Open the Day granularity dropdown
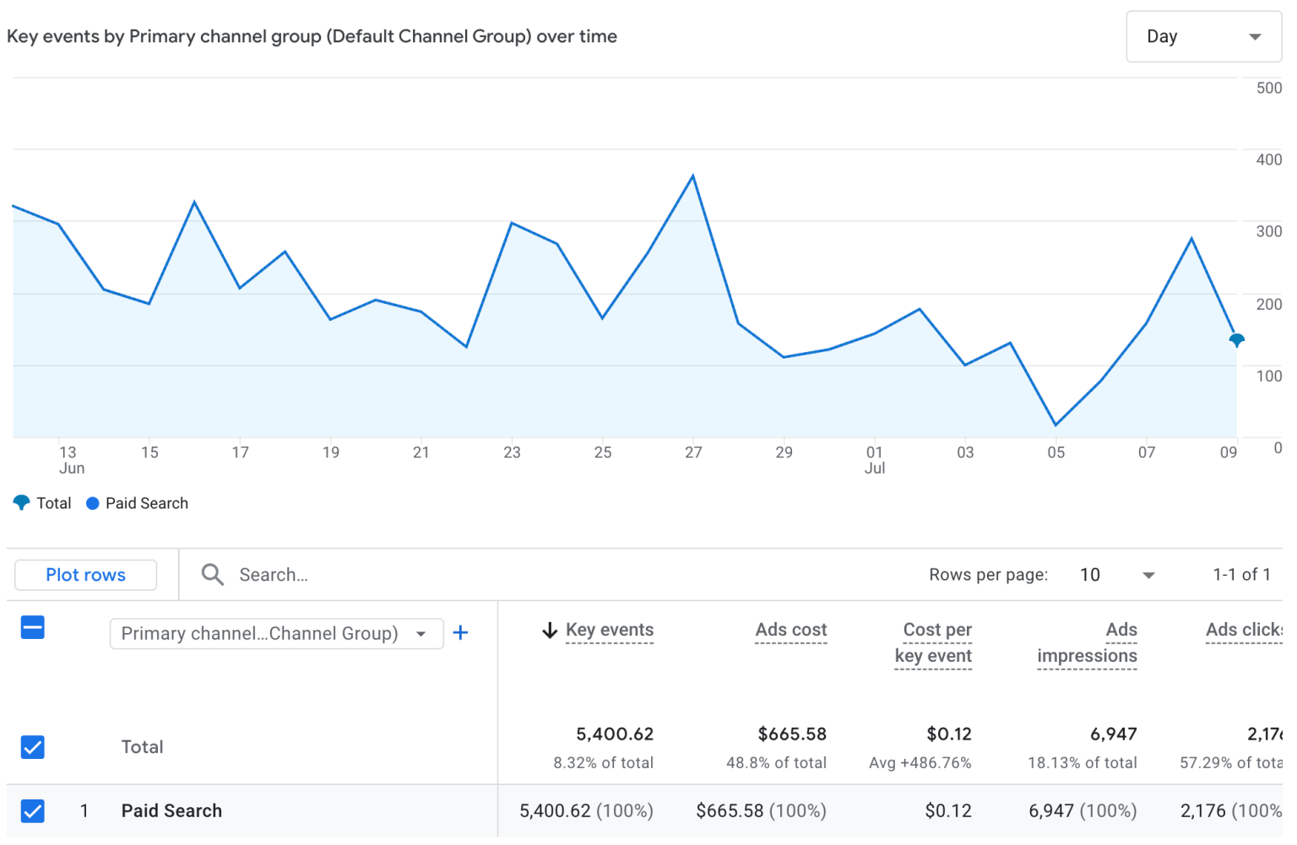click(x=1203, y=36)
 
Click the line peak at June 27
click(x=693, y=176)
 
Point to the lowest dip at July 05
click(x=1056, y=425)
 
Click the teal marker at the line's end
click(x=1236, y=340)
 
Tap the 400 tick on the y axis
click(x=1268, y=160)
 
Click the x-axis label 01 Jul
click(x=875, y=460)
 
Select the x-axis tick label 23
click(x=512, y=452)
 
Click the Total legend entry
click(x=43, y=503)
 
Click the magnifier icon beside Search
click(x=213, y=575)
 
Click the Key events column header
click(x=609, y=630)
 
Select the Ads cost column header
click(x=790, y=630)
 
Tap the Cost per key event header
click(x=934, y=642)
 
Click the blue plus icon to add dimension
click(x=460, y=633)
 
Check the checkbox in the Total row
click(x=33, y=747)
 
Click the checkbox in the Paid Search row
click(x=33, y=811)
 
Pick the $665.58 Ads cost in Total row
click(x=791, y=734)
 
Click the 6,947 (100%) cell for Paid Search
click(x=1082, y=811)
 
